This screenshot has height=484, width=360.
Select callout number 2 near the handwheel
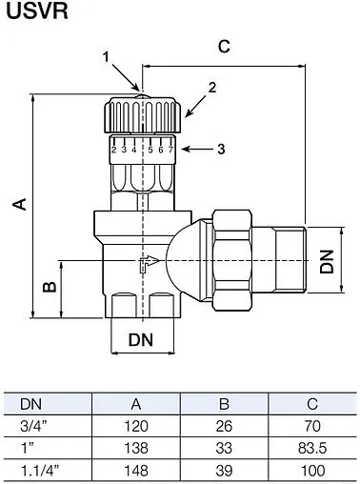[212, 87]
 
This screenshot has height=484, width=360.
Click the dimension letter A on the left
[16, 204]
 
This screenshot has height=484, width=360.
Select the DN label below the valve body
[140, 338]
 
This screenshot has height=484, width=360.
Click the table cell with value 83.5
[307, 445]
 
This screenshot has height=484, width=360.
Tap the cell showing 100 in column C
[307, 467]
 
